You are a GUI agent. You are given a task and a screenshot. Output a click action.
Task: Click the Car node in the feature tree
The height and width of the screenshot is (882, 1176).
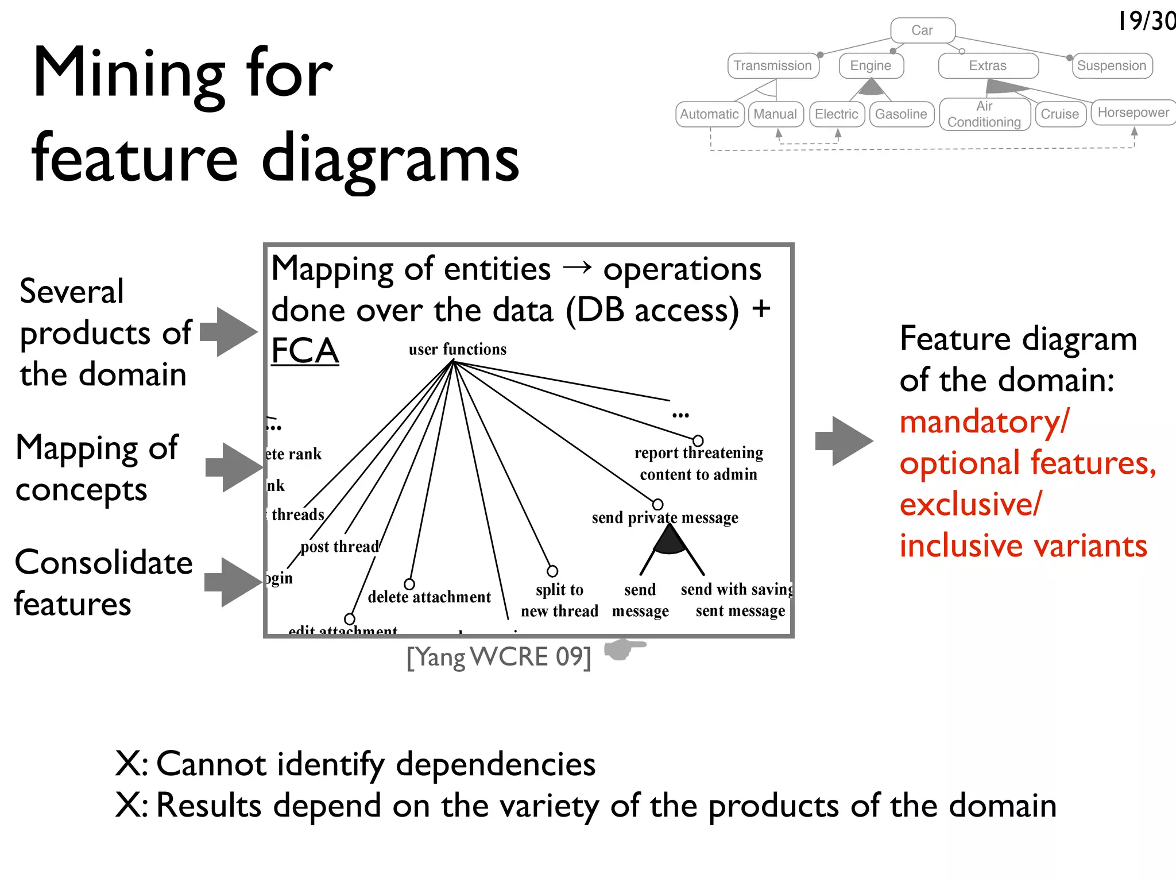click(x=922, y=30)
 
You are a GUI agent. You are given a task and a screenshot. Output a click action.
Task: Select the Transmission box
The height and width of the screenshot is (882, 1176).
click(x=772, y=65)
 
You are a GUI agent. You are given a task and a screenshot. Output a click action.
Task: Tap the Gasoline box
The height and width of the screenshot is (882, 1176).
click(x=901, y=114)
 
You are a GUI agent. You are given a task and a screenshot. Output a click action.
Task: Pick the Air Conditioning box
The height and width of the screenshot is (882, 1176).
click(x=984, y=114)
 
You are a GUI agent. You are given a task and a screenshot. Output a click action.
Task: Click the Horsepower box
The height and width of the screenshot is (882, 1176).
click(x=1133, y=113)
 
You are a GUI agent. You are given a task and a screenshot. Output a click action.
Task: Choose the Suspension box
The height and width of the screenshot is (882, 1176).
click(x=1111, y=65)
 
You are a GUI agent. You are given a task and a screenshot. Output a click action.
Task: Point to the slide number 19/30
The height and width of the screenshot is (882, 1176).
click(x=1146, y=21)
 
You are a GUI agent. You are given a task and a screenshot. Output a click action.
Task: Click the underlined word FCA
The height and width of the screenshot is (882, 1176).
click(x=305, y=351)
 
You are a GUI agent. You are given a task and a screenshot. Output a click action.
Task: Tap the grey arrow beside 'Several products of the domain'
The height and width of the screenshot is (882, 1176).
click(x=229, y=332)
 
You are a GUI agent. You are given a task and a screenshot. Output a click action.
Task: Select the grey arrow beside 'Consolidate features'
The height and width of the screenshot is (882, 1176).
click(x=233, y=582)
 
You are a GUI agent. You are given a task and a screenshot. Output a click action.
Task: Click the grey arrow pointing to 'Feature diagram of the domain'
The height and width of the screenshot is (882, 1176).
click(x=844, y=441)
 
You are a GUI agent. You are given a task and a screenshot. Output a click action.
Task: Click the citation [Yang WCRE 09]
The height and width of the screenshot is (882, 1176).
click(x=498, y=657)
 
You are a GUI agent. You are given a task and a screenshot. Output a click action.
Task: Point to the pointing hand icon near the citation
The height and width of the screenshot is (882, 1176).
click(x=624, y=649)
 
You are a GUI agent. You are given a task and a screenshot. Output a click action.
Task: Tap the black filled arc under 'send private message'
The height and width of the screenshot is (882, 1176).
click(x=670, y=540)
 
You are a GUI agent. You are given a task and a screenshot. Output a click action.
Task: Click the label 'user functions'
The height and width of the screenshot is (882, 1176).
click(x=457, y=349)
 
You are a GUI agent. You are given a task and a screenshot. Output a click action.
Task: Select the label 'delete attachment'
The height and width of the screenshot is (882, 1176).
click(x=429, y=597)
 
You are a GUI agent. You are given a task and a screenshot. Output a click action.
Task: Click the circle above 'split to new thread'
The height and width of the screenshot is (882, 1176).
click(x=552, y=571)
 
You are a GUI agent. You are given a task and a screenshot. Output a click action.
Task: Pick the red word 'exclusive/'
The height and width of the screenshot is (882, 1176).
click(x=970, y=504)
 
